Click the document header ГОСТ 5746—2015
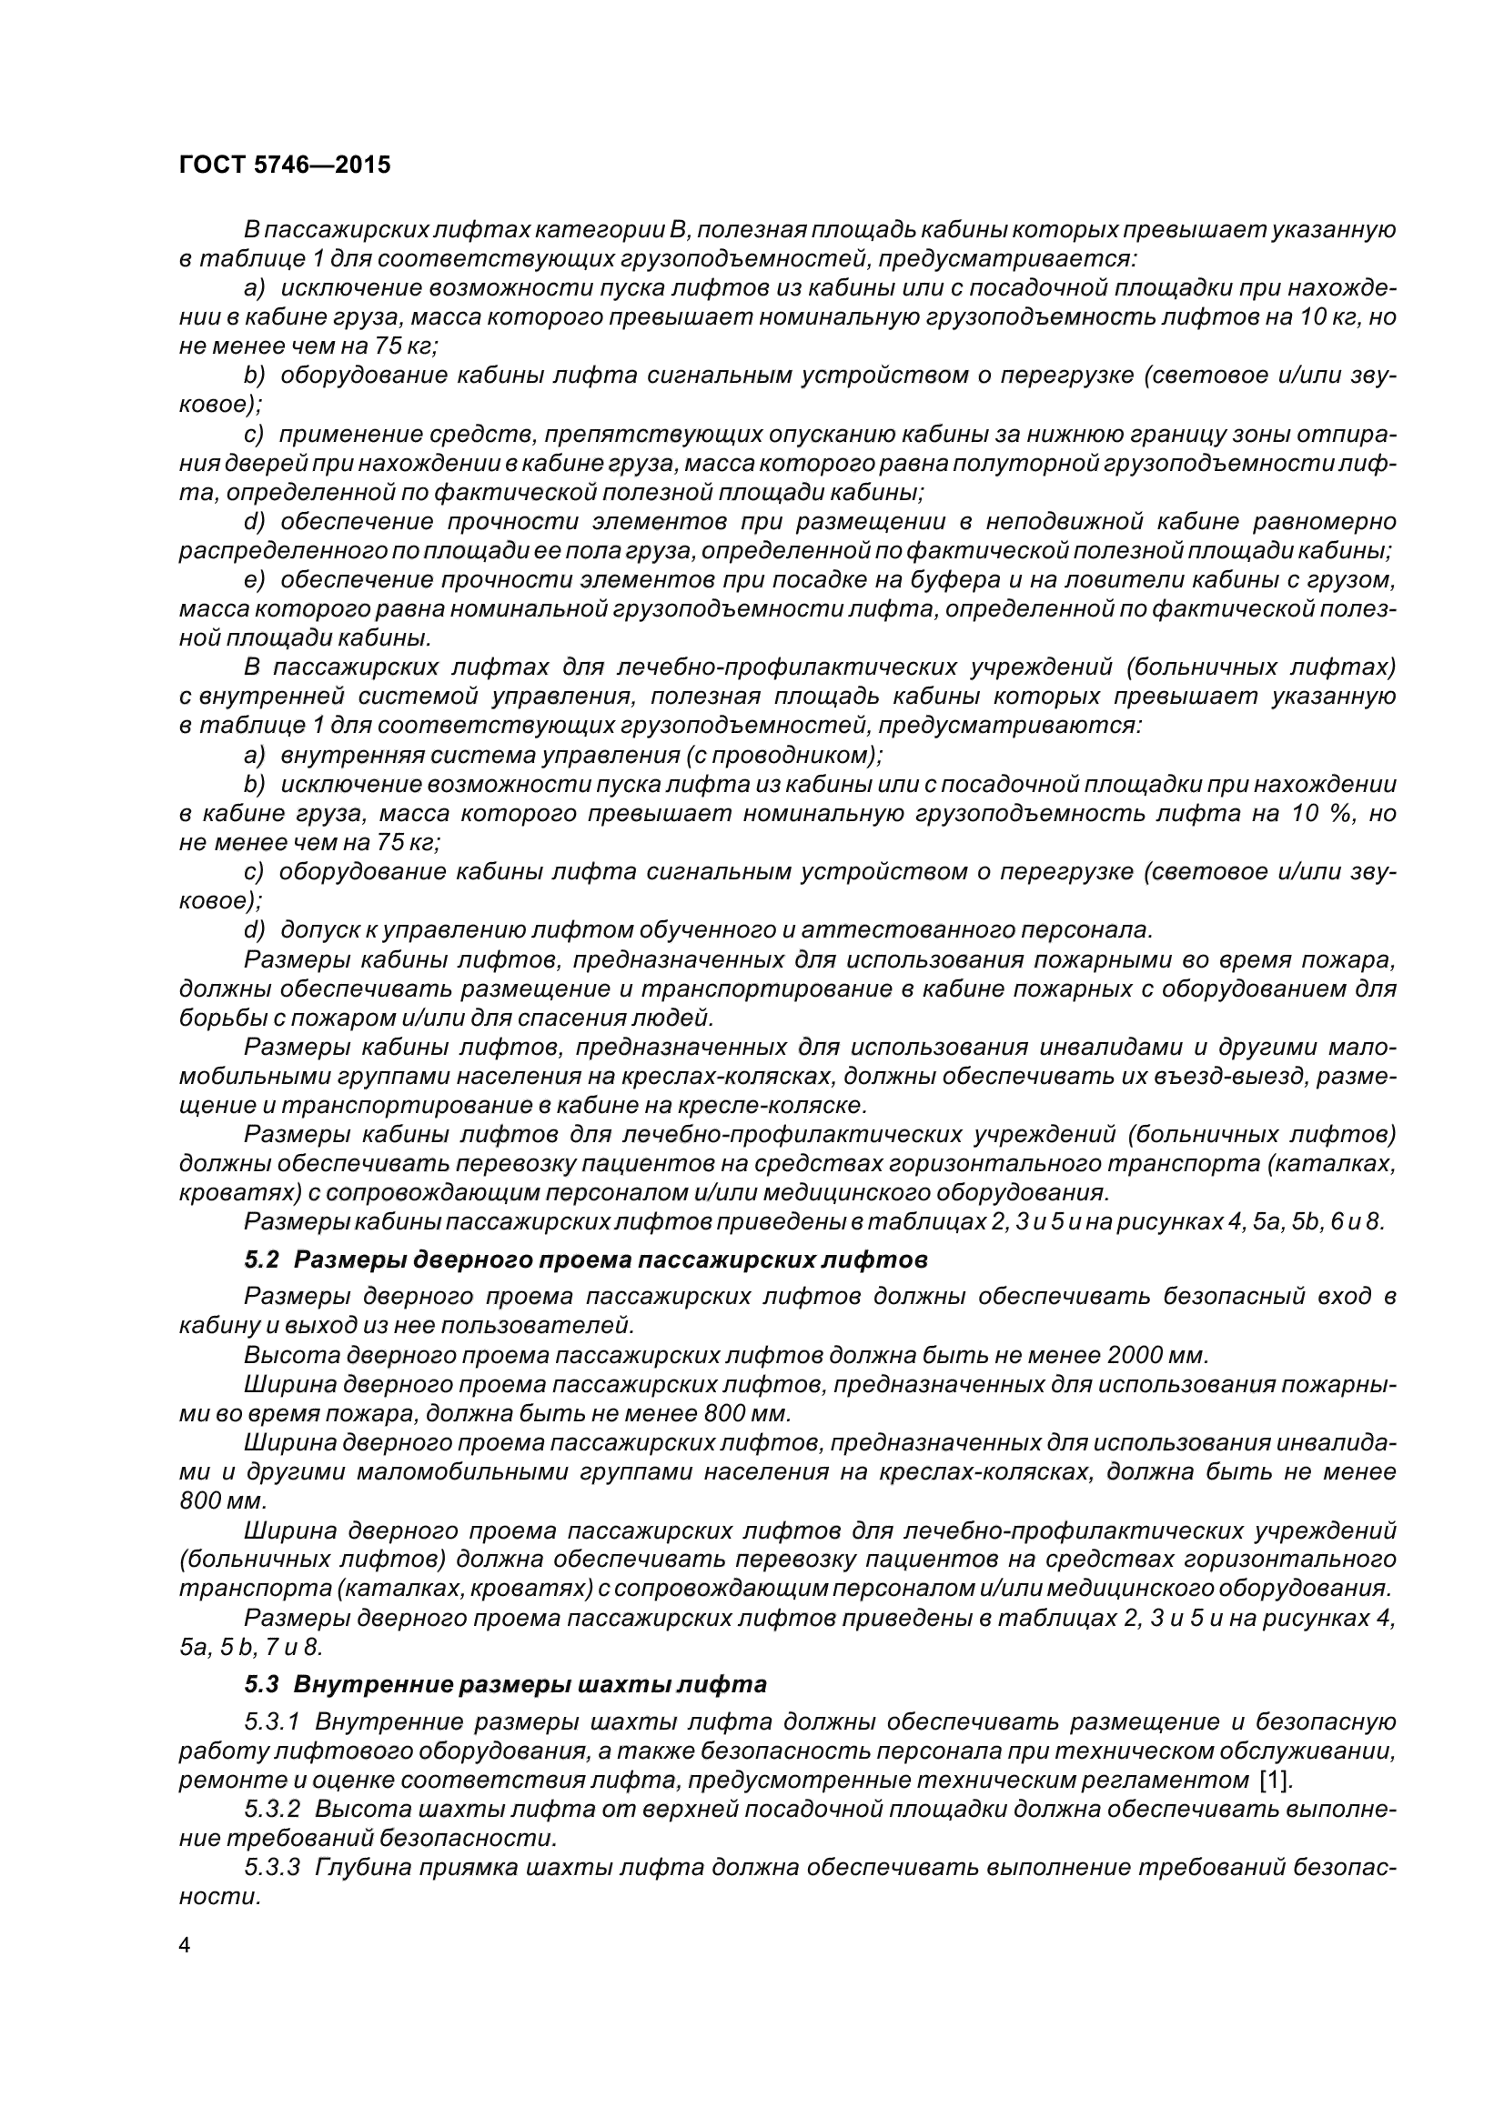coord(285,165)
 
